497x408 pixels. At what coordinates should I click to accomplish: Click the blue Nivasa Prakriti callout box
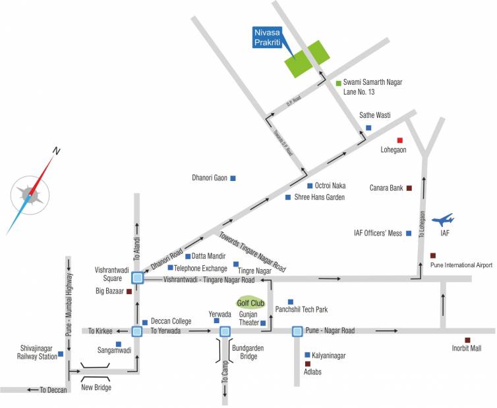[x=271, y=37]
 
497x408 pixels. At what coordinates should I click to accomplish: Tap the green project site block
[x=307, y=59]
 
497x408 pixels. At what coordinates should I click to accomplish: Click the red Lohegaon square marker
[x=399, y=140]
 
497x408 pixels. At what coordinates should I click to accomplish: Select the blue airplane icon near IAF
[x=442, y=219]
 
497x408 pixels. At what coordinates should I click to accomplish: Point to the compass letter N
[x=57, y=151]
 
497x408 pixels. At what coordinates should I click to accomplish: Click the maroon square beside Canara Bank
[x=409, y=188]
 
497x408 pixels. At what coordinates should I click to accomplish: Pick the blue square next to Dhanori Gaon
[x=233, y=178]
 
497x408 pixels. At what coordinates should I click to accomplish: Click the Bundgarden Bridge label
[x=245, y=351]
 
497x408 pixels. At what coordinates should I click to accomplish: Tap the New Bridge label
[x=96, y=388]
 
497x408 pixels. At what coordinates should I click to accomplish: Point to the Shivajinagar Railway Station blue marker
[x=61, y=354]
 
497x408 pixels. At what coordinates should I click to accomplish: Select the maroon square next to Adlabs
[x=307, y=363]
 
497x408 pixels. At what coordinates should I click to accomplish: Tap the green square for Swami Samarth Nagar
[x=338, y=83]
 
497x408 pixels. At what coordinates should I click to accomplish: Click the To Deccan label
[x=53, y=390]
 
